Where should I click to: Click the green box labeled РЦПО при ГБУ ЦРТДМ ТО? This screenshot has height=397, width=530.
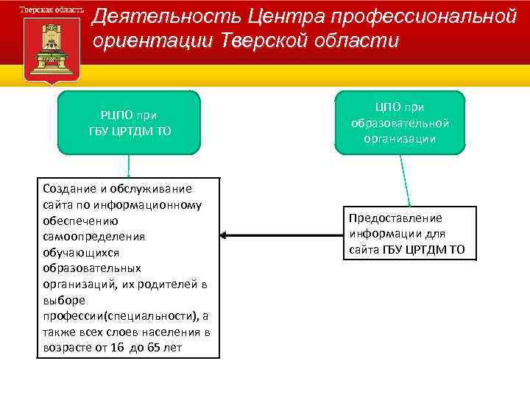coord(129,122)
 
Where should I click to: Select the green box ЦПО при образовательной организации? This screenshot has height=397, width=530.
coord(400,122)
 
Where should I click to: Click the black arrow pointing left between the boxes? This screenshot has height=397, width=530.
coord(280,235)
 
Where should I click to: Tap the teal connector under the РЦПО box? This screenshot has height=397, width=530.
coord(129,166)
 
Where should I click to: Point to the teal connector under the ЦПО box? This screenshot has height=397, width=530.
coord(404,180)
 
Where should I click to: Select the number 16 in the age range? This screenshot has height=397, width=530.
coord(117,347)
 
